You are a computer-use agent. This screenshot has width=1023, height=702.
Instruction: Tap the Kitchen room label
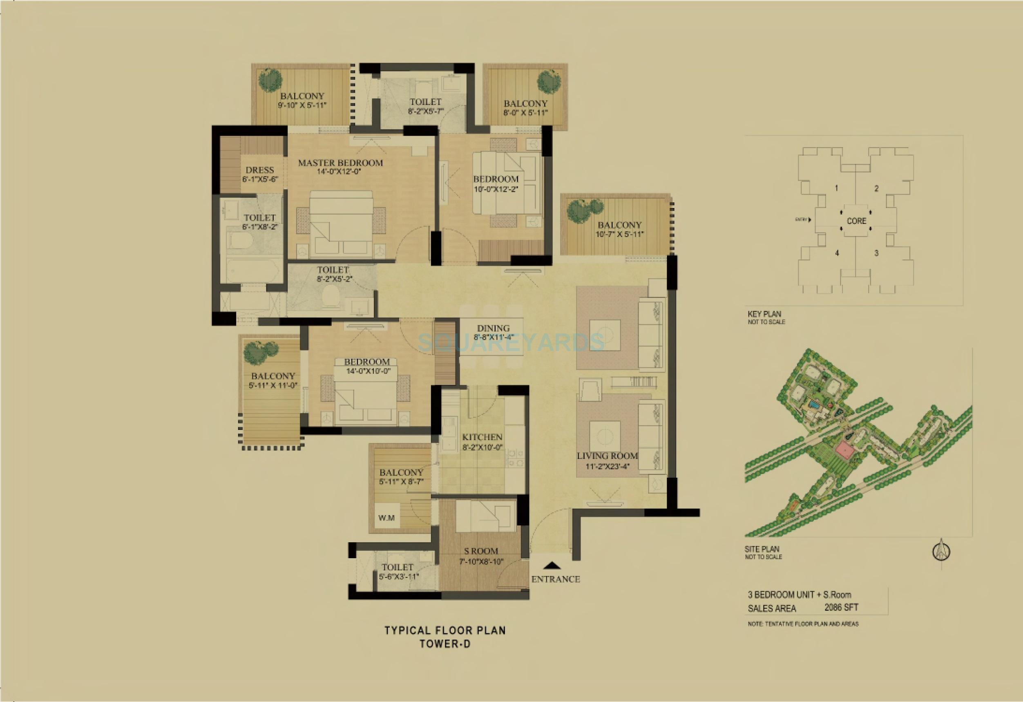(x=482, y=437)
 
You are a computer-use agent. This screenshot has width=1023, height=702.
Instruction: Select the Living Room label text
(x=607, y=456)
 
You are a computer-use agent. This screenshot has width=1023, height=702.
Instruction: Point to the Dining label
(x=493, y=329)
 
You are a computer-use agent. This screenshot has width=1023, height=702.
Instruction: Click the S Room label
(x=481, y=550)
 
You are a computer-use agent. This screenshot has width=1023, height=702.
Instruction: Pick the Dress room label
(x=260, y=170)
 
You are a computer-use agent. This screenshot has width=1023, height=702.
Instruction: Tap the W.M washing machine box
(x=386, y=518)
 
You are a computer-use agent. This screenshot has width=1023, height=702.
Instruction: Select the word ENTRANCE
(x=555, y=579)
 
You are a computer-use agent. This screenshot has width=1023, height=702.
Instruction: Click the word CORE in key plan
(x=856, y=221)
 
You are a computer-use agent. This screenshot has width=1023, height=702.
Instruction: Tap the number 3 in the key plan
(x=876, y=253)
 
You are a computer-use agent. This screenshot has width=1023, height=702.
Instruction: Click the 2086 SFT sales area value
(x=841, y=608)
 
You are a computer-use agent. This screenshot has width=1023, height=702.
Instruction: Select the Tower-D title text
(x=444, y=644)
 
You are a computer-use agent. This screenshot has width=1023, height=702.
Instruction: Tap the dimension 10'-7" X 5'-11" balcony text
(x=619, y=234)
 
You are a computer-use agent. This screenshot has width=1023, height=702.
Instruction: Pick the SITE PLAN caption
(x=762, y=549)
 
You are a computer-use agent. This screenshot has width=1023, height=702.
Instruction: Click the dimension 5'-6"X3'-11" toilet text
(x=398, y=576)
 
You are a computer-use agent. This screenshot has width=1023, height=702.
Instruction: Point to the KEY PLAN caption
(x=764, y=314)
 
